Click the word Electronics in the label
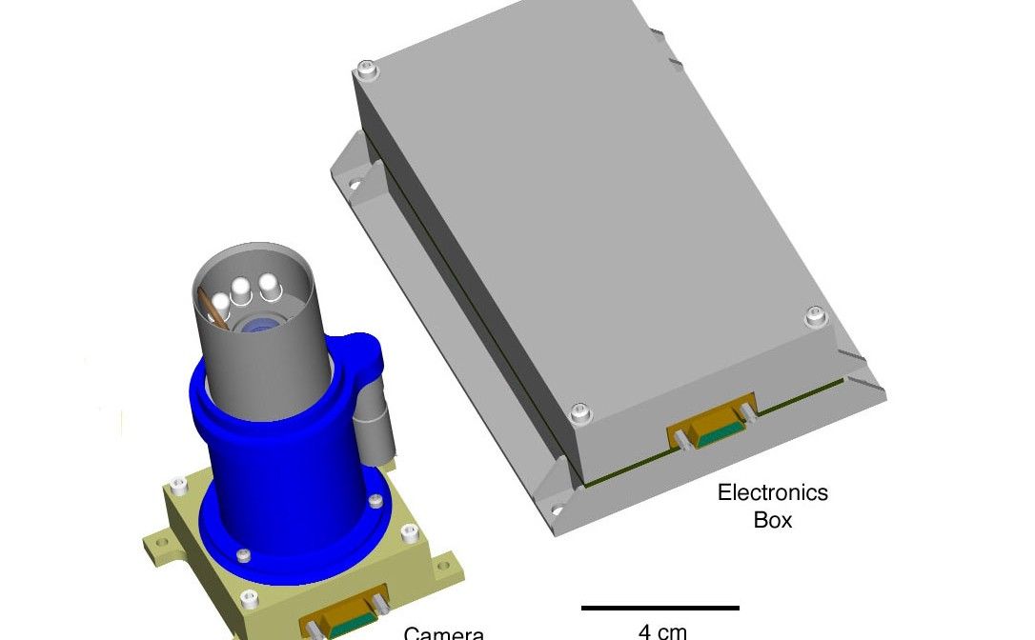(772, 493)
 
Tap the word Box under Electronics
(772, 521)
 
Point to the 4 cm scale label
(661, 630)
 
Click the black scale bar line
(660, 608)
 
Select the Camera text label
(444, 632)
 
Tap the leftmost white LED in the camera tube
(221, 301)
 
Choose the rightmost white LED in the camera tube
(270, 282)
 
